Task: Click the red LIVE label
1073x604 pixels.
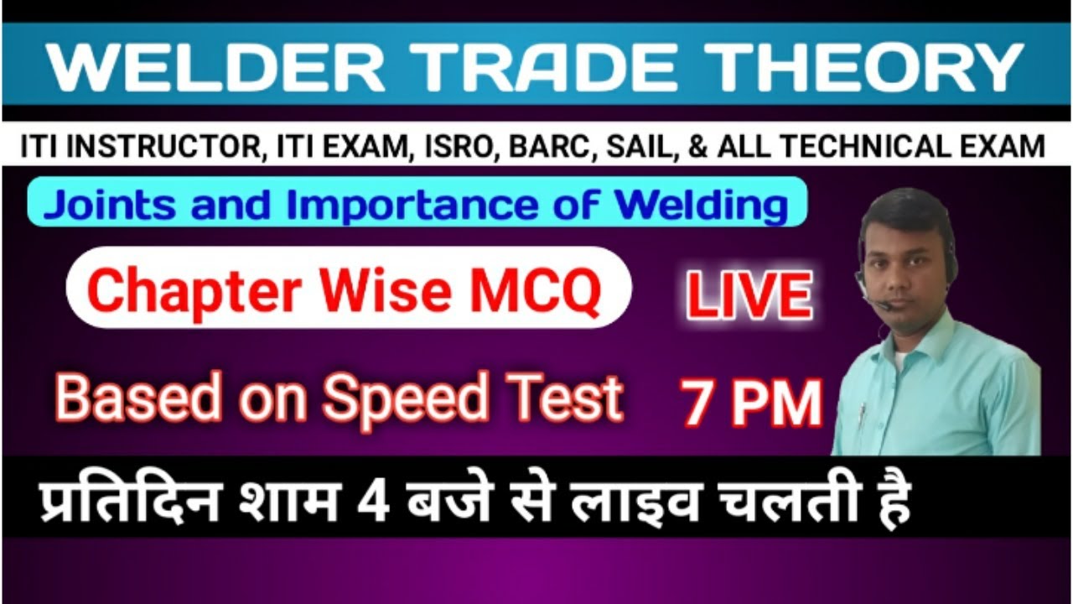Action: (x=749, y=295)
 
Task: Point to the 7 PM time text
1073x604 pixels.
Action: (x=750, y=403)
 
